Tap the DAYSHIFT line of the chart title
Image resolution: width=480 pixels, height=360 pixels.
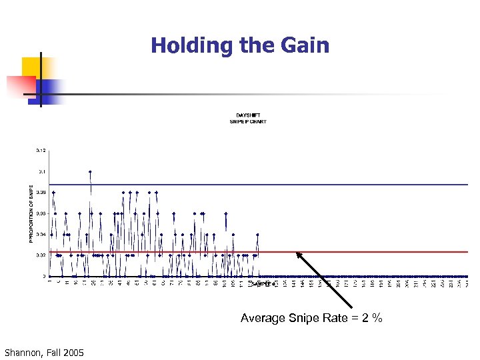click(248, 115)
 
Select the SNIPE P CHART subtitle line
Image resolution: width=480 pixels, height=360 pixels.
click(248, 121)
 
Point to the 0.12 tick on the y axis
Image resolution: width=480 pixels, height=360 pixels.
click(41, 151)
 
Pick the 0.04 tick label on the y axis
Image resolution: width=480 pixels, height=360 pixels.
click(41, 234)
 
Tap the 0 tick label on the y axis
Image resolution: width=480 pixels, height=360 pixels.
click(44, 276)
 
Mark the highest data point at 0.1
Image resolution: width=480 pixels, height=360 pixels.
click(90, 172)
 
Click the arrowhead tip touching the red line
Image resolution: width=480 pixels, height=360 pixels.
click(297, 253)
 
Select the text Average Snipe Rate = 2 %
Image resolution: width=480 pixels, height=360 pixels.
click(311, 318)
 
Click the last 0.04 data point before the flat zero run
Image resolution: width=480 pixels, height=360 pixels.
click(257, 234)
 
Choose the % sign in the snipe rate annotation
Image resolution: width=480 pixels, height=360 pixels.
click(378, 318)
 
